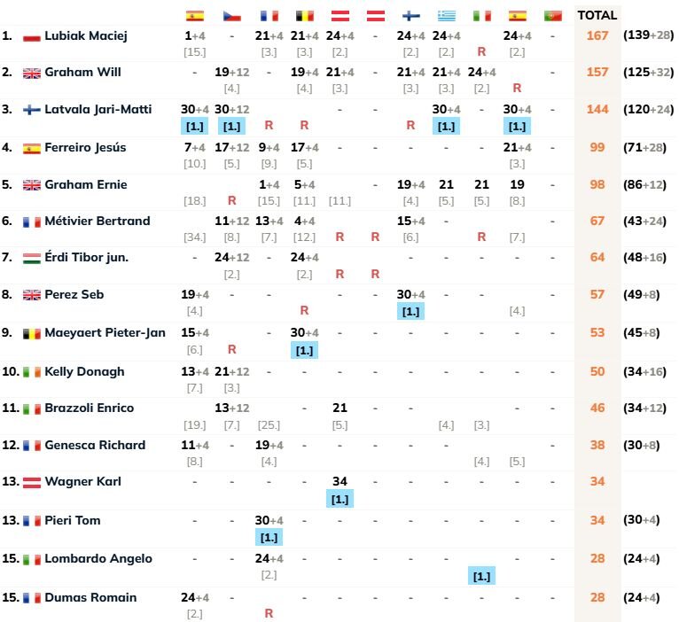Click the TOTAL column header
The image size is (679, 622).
(597, 15)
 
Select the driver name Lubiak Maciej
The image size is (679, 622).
(86, 36)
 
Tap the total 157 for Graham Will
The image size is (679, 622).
(597, 72)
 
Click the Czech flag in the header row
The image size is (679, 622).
(232, 16)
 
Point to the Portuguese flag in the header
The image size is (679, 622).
(552, 16)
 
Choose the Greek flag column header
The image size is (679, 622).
(446, 16)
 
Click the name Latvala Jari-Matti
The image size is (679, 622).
(98, 109)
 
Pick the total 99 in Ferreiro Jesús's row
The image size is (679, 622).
(598, 147)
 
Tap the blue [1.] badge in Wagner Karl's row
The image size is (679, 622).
(339, 500)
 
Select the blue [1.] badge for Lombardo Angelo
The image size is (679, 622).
(481, 576)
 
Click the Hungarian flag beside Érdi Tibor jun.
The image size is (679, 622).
(32, 258)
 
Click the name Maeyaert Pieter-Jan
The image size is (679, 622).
(105, 332)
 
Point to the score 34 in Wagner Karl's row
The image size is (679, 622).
(339, 481)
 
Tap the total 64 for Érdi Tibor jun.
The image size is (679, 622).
(598, 257)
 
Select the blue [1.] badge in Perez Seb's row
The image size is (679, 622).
(410, 311)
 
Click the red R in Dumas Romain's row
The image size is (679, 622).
(269, 613)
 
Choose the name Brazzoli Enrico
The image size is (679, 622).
(90, 408)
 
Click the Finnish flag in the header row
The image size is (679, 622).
(410, 16)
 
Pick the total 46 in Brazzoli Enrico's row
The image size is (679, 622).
(598, 408)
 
